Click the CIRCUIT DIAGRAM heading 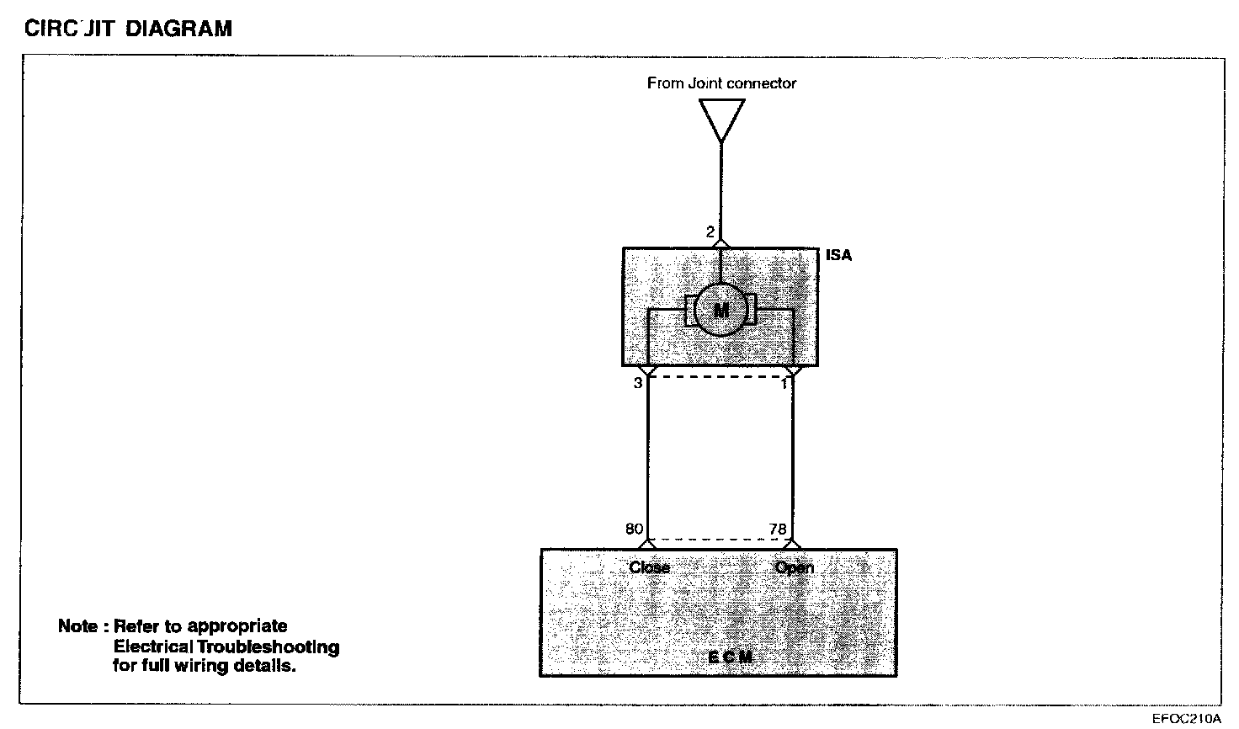[128, 29]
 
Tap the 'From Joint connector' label [721, 83]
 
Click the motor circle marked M [721, 311]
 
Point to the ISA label [838, 255]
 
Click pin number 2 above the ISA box [710, 231]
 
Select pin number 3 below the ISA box [638, 383]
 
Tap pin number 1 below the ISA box [784, 384]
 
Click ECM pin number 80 [634, 529]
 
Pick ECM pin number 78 [778, 529]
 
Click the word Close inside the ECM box [649, 567]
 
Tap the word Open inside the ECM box [794, 567]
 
